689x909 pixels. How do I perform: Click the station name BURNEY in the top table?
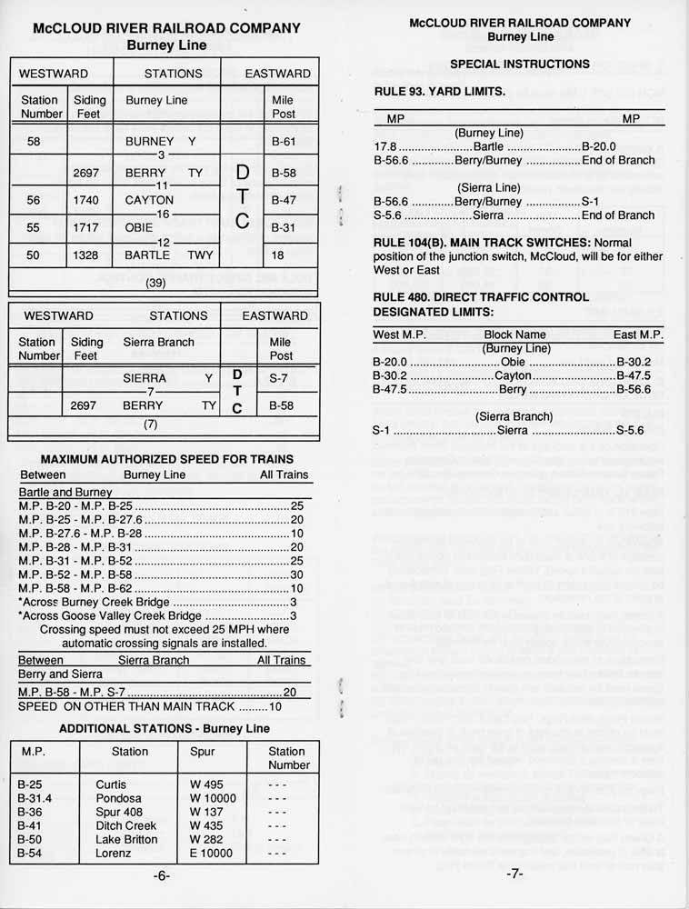[149, 142]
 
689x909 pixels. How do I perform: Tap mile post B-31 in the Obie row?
[284, 228]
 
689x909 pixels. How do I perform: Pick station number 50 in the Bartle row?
[34, 256]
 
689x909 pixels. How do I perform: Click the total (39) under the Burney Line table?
[155, 283]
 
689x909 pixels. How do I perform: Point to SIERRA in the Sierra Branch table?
[145, 378]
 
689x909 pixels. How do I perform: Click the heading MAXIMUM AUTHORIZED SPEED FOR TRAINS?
[167, 459]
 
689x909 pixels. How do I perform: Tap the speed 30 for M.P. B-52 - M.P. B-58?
[296, 574]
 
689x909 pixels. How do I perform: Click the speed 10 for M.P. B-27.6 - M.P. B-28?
[296, 534]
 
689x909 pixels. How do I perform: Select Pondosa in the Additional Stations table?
[118, 798]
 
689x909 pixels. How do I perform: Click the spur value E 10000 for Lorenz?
[212, 854]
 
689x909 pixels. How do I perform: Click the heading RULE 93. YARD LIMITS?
[440, 92]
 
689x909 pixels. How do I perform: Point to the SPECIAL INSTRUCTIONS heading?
[519, 64]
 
